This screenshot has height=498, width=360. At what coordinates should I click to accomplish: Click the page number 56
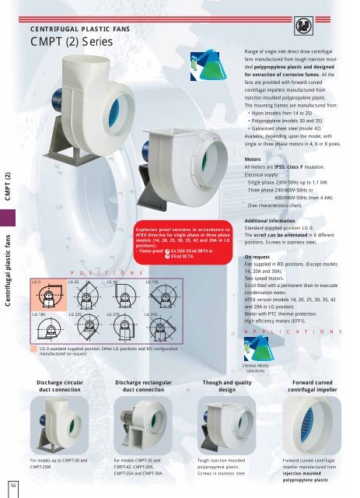click(x=14, y=486)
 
